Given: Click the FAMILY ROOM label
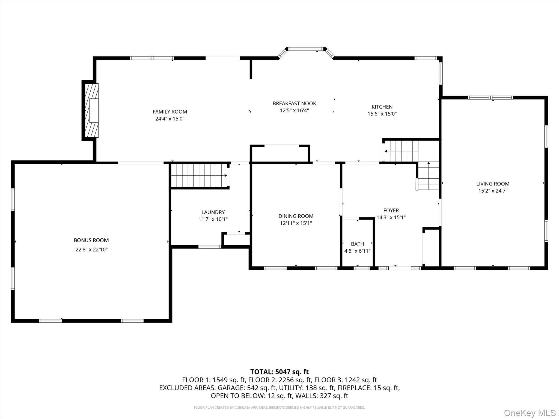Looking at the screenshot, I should click(170, 112).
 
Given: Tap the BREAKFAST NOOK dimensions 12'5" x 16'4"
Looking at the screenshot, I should click(294, 110).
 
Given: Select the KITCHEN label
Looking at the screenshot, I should click(382, 107).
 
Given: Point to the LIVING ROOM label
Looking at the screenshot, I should click(493, 184).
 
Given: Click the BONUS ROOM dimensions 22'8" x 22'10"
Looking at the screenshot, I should click(91, 250).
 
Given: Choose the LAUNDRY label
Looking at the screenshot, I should click(213, 212).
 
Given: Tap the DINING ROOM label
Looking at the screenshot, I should click(296, 216).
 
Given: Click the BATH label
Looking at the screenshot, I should click(357, 244).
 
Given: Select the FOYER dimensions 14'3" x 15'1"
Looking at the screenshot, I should click(391, 217).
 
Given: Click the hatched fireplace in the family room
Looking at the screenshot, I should click(91, 110).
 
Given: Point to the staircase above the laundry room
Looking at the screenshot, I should click(199, 175).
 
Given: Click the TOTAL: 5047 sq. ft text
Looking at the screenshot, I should click(279, 372).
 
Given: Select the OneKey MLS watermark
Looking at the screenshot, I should click(530, 413).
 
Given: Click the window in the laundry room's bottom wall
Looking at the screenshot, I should click(210, 247).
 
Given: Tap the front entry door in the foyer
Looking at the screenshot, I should click(400, 268).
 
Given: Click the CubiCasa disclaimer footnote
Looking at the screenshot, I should click(279, 408).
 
